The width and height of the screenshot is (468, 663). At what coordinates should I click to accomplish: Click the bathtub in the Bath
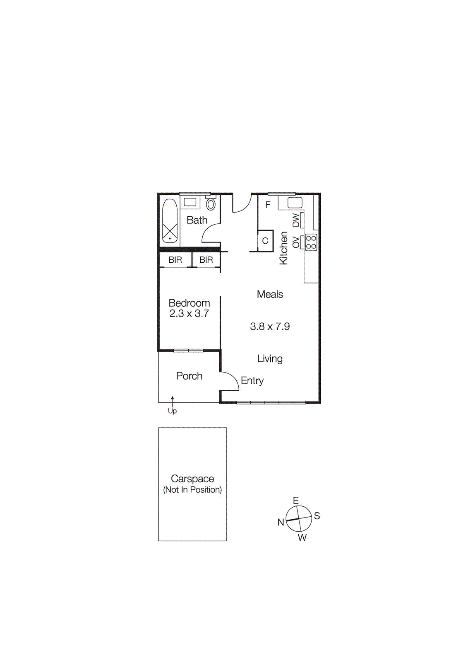point(170,221)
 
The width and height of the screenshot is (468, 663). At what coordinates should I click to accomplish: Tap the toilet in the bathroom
point(211,204)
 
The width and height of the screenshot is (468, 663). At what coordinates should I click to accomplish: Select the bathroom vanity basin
point(190,202)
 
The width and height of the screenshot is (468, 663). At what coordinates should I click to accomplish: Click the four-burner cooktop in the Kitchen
point(311,242)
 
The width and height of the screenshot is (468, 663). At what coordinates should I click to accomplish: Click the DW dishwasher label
point(296,220)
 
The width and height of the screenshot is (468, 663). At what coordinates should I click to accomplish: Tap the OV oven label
point(296,242)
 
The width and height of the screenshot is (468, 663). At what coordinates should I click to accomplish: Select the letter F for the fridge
point(268,205)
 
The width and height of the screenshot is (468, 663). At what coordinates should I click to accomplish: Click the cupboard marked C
point(265,241)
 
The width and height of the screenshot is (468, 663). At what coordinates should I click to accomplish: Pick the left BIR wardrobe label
point(175,260)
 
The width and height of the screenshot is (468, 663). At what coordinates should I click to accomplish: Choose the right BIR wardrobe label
point(206,260)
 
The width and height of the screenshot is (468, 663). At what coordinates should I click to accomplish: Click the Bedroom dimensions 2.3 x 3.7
point(189,314)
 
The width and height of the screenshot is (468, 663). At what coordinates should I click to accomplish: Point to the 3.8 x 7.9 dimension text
point(270,327)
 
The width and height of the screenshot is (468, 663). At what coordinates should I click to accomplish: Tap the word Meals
point(270,294)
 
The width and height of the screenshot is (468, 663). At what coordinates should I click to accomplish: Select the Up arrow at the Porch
point(173,401)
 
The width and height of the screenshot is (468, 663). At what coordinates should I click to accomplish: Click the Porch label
point(189,376)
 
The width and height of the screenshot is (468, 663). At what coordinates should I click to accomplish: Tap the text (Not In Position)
point(192,490)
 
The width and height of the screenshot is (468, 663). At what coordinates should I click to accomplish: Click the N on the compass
point(281,522)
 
